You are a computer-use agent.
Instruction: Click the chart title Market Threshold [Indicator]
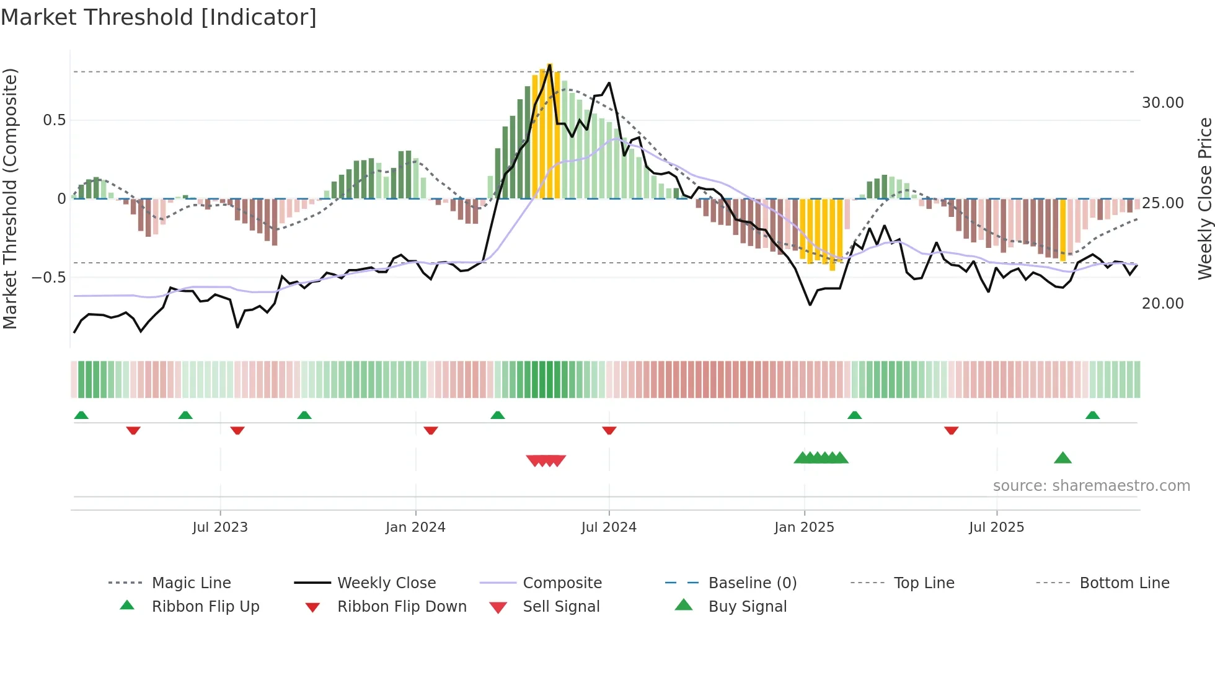point(159,17)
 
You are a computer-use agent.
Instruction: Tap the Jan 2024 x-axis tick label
point(415,527)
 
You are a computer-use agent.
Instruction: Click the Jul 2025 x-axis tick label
point(996,527)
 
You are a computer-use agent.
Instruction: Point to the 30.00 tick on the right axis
point(1162,103)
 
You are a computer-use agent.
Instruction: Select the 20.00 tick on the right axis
point(1162,304)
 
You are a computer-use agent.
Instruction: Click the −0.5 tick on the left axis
point(48,277)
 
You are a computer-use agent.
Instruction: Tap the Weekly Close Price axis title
point(1204,198)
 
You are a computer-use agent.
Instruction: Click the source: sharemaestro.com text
point(1091,486)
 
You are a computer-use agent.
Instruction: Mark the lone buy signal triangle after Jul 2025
point(1063,459)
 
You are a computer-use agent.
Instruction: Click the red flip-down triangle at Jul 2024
point(609,430)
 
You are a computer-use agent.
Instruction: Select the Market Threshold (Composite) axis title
point(11,198)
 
